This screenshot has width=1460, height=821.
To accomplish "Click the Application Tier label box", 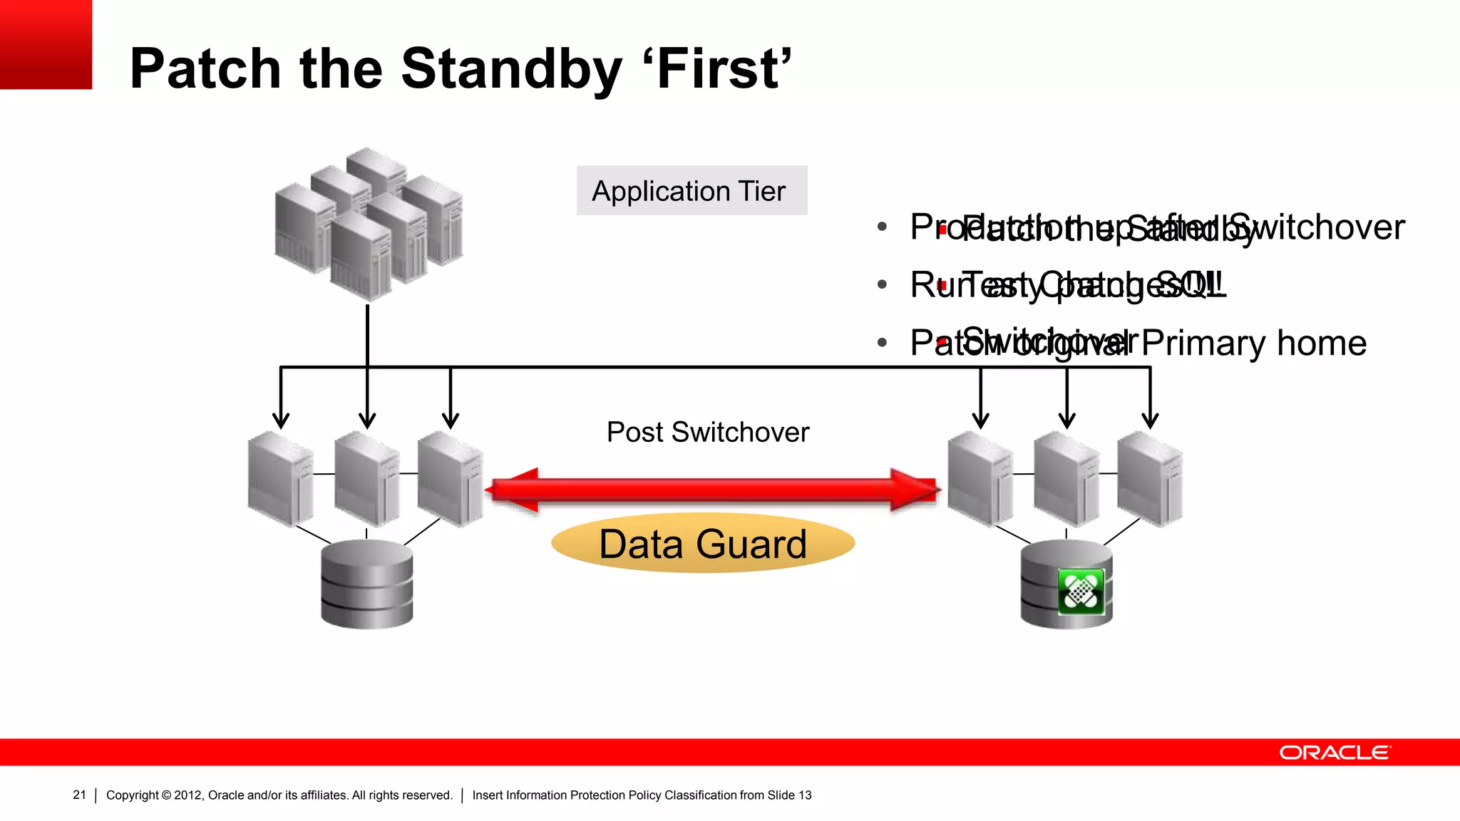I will click(692, 190).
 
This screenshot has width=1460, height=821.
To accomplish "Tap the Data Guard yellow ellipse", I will click(702, 544).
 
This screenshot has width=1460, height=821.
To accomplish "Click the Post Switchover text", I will click(707, 432).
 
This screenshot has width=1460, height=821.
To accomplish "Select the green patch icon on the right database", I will click(1081, 592).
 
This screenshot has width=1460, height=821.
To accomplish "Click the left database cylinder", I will click(366, 584).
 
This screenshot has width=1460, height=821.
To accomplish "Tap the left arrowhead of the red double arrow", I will click(513, 490).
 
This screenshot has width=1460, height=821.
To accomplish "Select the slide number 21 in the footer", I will click(79, 795).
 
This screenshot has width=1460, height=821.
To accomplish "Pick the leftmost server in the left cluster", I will click(280, 479).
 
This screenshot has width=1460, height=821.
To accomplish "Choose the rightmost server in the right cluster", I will click(1149, 479).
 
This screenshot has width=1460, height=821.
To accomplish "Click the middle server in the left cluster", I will click(366, 479).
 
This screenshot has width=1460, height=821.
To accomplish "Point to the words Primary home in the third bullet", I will click(1253, 343).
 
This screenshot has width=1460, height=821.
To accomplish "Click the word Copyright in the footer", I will click(132, 795).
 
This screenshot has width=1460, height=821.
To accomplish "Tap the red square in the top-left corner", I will click(46, 44).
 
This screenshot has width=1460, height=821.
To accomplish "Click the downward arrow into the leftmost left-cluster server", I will click(281, 399).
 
